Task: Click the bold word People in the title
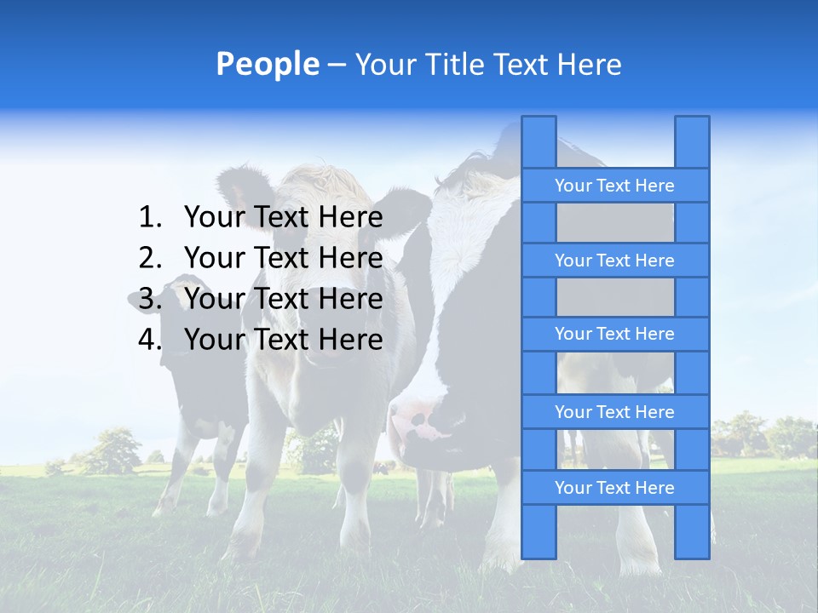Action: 268,64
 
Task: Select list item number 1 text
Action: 283,218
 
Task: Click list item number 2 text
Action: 283,258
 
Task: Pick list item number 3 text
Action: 283,299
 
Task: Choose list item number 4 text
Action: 283,340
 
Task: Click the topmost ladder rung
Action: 614,186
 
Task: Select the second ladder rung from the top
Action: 614,261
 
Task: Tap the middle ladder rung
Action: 614,334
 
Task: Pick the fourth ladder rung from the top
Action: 614,412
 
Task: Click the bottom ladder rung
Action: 614,488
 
